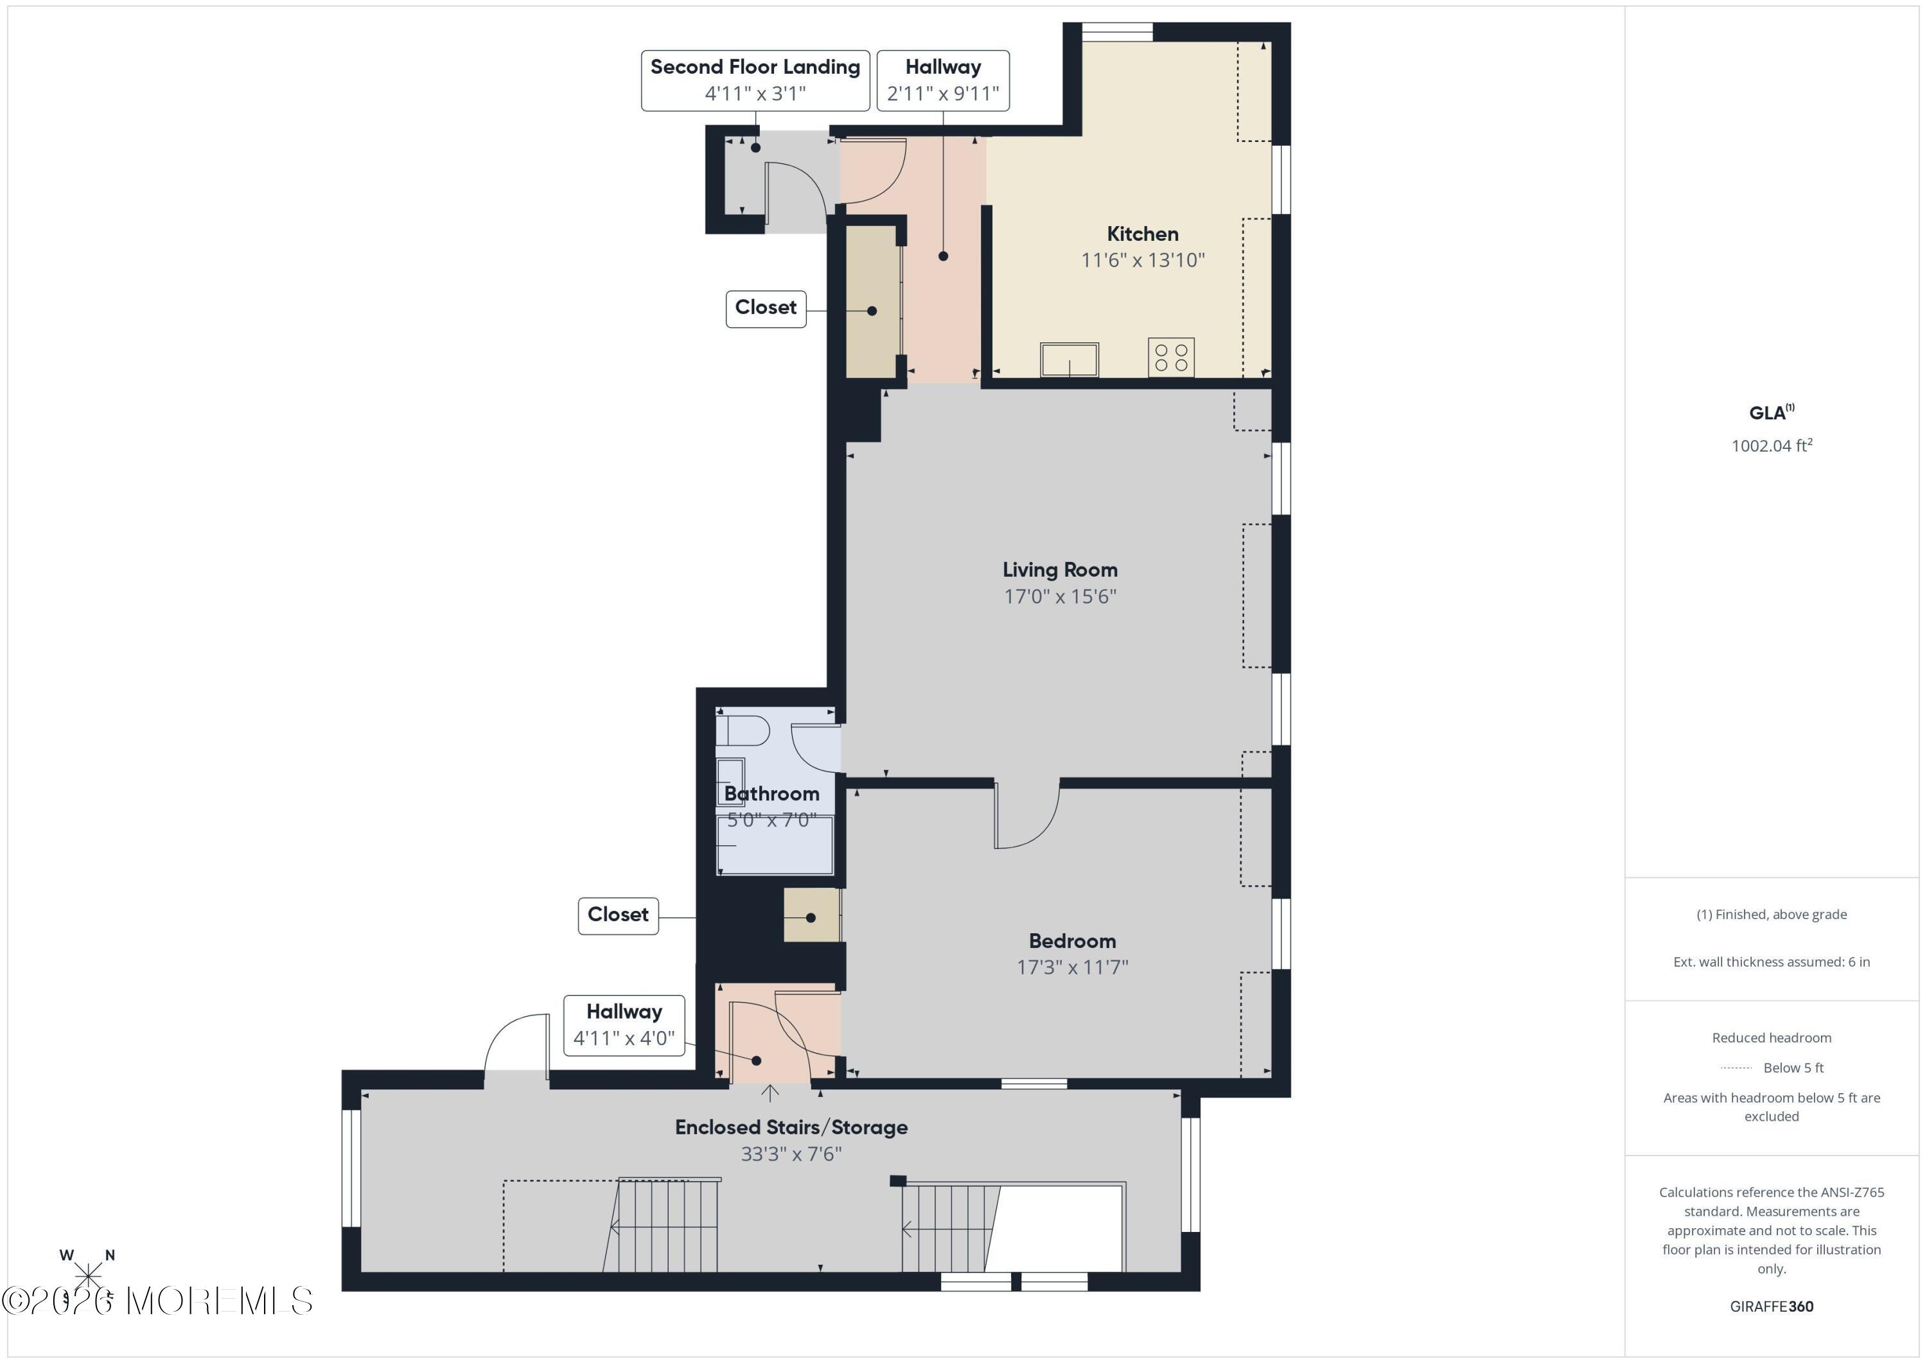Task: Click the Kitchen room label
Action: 1141,234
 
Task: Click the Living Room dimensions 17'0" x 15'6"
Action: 1059,597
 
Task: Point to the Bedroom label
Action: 1072,941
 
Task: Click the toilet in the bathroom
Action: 742,730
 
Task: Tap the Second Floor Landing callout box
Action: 755,80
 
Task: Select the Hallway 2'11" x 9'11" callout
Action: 942,80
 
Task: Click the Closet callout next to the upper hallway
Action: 766,308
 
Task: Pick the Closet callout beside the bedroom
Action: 618,915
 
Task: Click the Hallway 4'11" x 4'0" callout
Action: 624,1024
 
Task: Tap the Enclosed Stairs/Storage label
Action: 791,1127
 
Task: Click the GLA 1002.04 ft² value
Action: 1771,446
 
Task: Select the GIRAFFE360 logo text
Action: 1771,1306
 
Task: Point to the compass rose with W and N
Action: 87,1274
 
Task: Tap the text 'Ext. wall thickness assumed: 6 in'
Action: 1771,962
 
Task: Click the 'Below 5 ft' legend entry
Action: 1793,1068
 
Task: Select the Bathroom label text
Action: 771,794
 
